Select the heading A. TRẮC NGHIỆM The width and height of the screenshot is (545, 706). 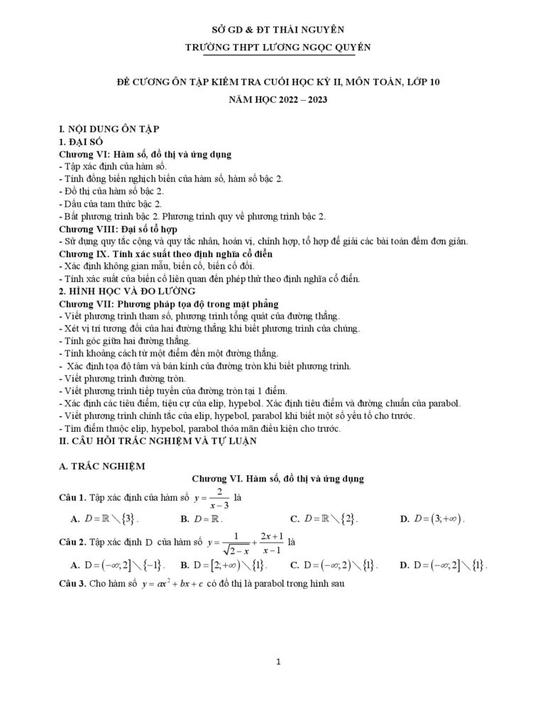point(101,466)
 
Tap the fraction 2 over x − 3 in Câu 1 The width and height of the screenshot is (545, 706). point(220,497)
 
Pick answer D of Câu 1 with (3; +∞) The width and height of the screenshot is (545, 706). point(432,519)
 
